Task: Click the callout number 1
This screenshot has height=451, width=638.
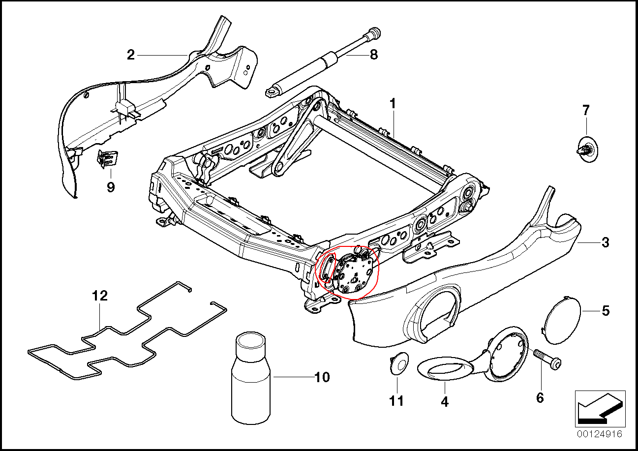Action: pyautogui.click(x=393, y=104)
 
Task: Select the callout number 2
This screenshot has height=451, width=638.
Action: pyautogui.click(x=130, y=55)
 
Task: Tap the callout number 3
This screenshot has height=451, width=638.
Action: pyautogui.click(x=605, y=242)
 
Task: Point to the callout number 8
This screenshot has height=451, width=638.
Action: pyautogui.click(x=374, y=54)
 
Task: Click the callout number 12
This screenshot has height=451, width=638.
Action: pyautogui.click(x=99, y=296)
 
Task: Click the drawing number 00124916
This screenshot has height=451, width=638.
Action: pyautogui.click(x=600, y=434)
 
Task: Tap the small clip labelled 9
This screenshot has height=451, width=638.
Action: pyautogui.click(x=108, y=158)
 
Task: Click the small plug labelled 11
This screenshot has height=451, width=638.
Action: pyautogui.click(x=398, y=364)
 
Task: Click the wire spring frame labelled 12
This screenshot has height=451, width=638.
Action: pyautogui.click(x=123, y=339)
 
